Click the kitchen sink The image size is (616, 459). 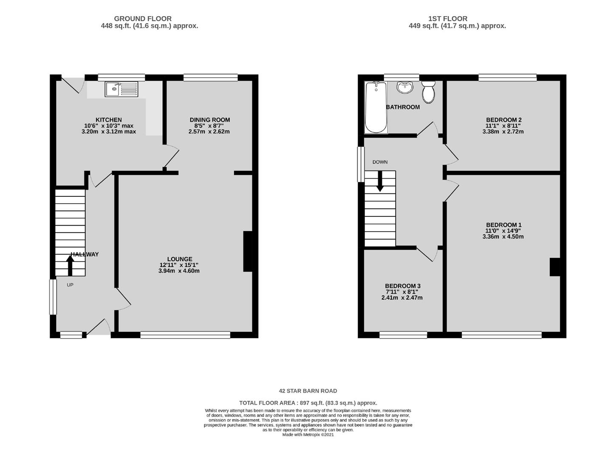(x=122, y=89)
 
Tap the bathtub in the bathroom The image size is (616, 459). (x=376, y=107)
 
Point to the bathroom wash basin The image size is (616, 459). (x=405, y=87)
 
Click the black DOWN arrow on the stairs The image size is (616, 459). (x=380, y=181)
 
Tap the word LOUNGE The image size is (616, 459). (x=180, y=259)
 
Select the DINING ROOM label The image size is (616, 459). (x=210, y=120)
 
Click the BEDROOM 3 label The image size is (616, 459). (x=403, y=286)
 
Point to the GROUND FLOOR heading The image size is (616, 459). (x=143, y=19)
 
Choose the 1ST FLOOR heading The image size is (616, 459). (x=448, y=19)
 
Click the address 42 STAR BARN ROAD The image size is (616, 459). (x=308, y=391)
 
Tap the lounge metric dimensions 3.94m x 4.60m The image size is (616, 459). (x=179, y=271)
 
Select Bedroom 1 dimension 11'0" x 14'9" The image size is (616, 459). (x=503, y=231)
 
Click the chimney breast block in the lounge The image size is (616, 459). (x=248, y=251)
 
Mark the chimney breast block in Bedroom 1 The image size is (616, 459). (x=555, y=267)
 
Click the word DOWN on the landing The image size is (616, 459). (x=380, y=162)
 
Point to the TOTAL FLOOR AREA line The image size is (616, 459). (x=308, y=403)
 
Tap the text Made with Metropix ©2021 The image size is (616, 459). (x=308, y=435)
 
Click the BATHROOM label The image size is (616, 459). (x=403, y=107)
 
